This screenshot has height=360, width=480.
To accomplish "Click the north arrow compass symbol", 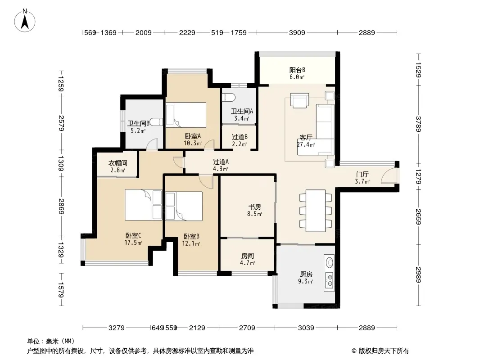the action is tap(25, 21).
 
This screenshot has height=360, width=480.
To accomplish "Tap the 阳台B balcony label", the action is tap(297, 70).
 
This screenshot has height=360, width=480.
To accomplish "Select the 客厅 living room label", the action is tap(306, 138).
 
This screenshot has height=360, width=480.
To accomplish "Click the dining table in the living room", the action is tap(316, 211).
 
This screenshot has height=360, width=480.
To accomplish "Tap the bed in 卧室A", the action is tap(186, 115).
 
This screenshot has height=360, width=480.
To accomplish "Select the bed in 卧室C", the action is tap(143, 205).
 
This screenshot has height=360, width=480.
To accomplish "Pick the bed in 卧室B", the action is tap(184, 206).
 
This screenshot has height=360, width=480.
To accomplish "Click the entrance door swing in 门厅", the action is tap(389, 176).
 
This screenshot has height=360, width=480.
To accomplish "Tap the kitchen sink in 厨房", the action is tap(330, 262).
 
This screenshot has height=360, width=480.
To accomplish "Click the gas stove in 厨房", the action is tap(330, 280).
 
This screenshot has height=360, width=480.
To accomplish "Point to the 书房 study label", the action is tap(255, 207).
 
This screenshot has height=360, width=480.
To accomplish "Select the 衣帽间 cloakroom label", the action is tap(118, 163).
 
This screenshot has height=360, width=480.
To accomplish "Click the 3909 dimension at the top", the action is tap(297, 32).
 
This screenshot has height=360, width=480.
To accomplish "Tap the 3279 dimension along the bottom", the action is tap(117, 328).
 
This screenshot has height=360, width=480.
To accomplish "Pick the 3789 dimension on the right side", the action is tap(418, 124).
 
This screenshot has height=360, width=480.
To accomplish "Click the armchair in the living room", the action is tap(299, 101).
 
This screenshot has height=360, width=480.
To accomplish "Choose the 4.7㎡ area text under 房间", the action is tap(247, 263).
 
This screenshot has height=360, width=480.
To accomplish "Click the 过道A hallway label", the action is tap(221, 162).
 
